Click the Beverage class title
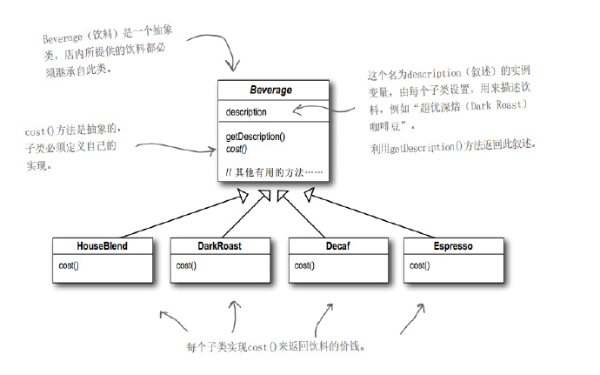(272, 90)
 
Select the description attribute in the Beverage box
(246, 112)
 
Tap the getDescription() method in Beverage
(256, 137)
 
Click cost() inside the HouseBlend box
(70, 265)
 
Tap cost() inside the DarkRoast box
(187, 265)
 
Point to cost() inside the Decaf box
(304, 265)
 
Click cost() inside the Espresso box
(420, 265)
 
